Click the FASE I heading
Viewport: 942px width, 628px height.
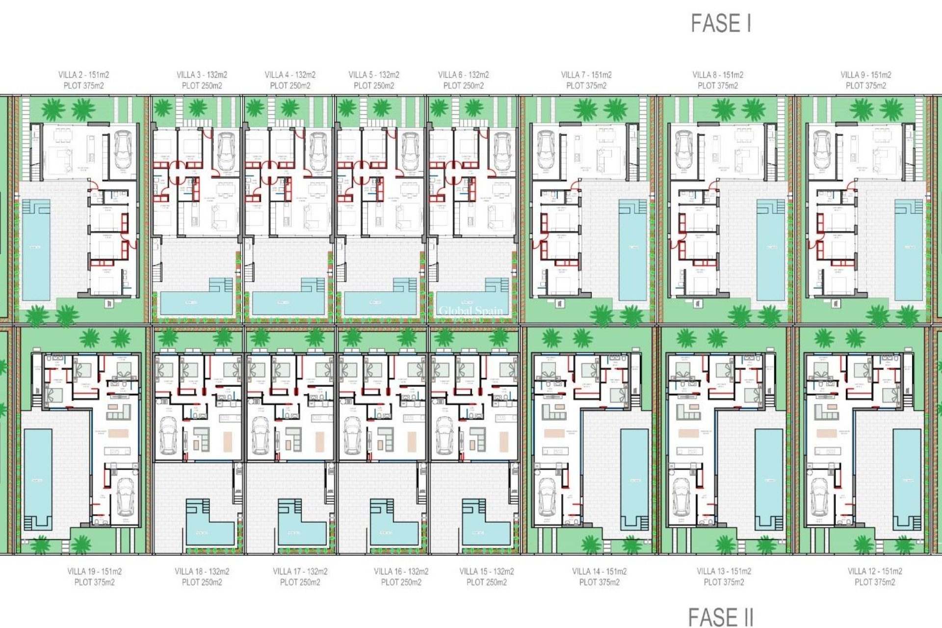coord(721,23)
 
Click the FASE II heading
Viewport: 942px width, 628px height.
coord(720,617)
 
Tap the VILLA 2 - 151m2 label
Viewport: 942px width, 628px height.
coord(83,75)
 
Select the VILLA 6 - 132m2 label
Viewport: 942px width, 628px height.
coord(463,75)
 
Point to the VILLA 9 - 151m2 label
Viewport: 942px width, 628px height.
coord(865,75)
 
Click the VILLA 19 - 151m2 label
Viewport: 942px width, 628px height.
coord(94,571)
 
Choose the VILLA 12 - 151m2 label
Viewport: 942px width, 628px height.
coord(875,571)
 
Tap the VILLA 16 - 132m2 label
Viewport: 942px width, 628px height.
coord(401,571)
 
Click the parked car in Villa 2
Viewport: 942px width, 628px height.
coord(123,150)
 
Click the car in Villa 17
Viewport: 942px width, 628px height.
coord(261,436)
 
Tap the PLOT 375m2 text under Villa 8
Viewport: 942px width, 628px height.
coord(717,86)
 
